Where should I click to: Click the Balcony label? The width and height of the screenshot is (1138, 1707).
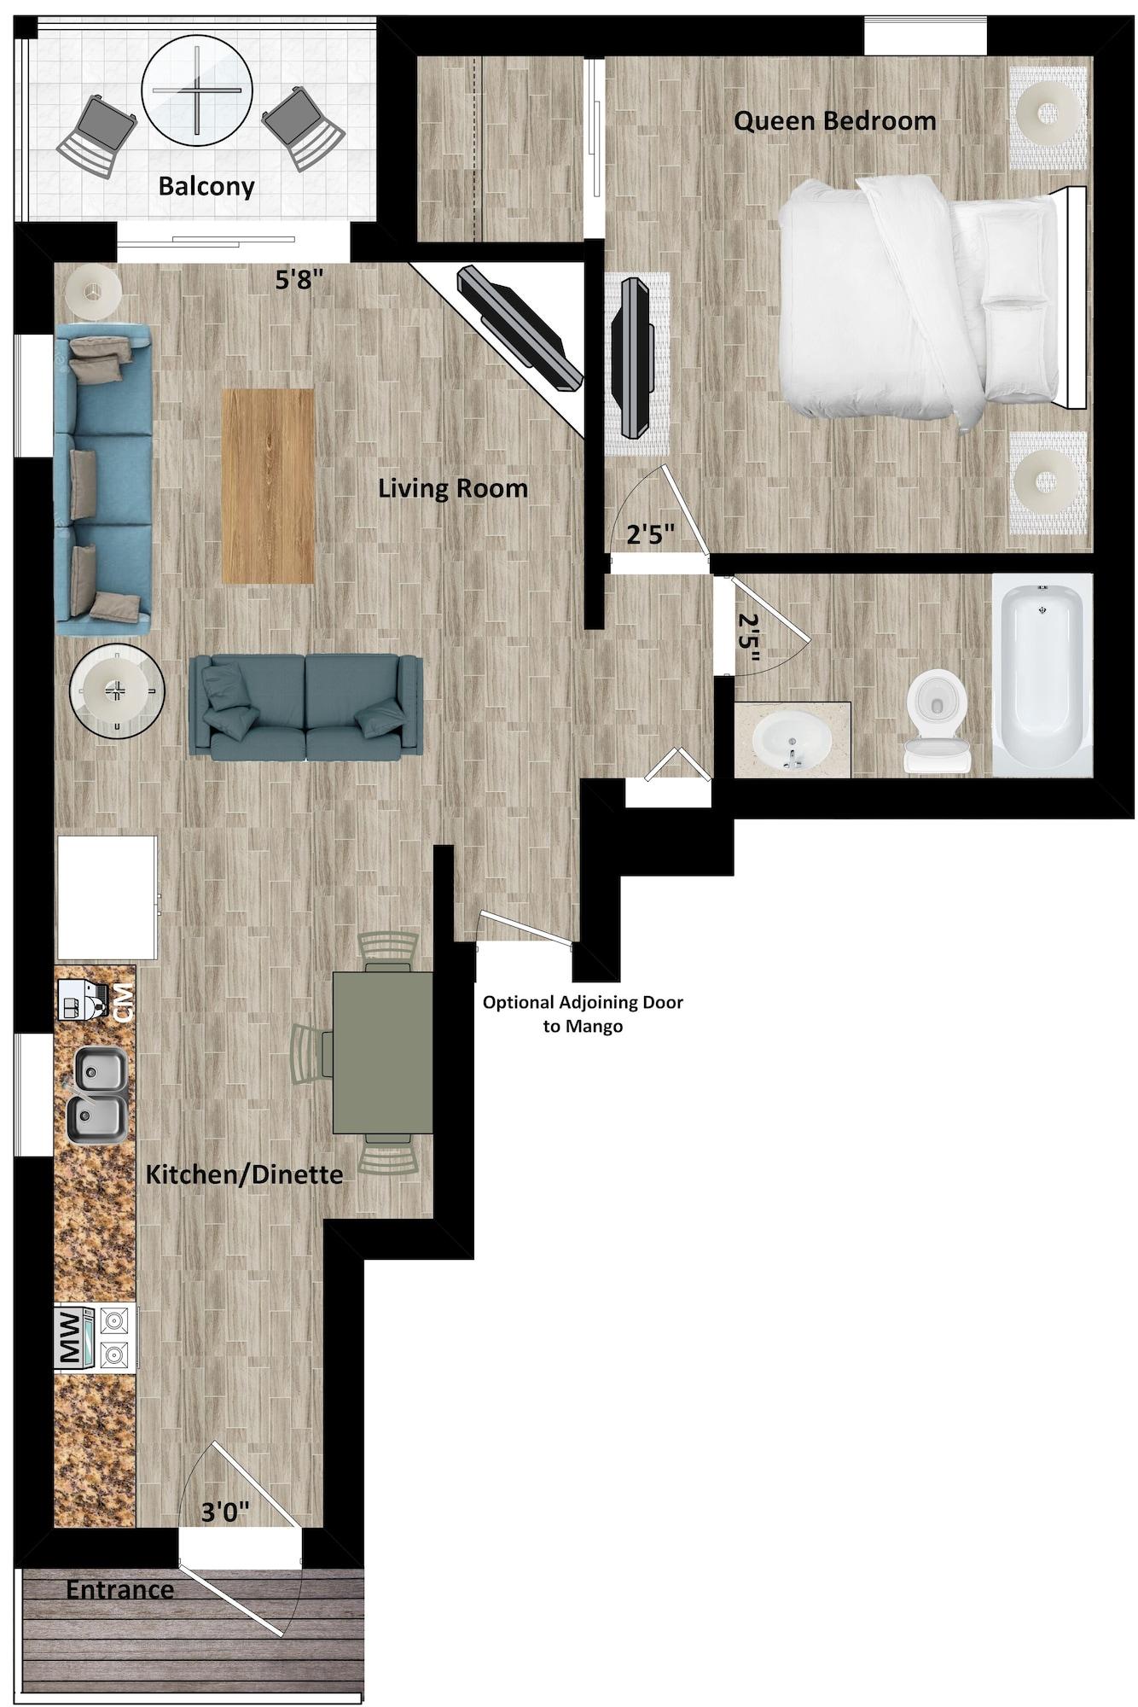pos(206,186)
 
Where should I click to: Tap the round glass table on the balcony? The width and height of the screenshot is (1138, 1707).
pos(197,90)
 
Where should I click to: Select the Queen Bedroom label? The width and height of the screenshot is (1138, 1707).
pos(834,121)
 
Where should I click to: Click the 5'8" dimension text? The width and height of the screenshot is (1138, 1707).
pos(299,281)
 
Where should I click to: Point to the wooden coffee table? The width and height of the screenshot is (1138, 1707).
pos(268,486)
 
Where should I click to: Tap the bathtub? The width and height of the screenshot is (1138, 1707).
pos(1042,674)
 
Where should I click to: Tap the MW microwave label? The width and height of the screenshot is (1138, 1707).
pos(72,1338)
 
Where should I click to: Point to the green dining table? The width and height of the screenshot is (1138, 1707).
pos(382,1052)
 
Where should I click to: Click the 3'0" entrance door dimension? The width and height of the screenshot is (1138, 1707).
pos(224,1512)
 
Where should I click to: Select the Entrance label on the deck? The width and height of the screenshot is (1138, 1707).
pos(119,1590)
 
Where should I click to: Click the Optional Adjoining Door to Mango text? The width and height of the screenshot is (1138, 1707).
pos(583,1013)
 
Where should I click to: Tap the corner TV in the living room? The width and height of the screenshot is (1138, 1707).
pos(520,329)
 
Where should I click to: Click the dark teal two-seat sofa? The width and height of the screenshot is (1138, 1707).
pos(305,707)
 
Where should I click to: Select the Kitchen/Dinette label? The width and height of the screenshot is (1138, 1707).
pos(244,1174)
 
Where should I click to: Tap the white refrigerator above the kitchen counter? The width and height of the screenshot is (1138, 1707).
pos(107,898)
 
